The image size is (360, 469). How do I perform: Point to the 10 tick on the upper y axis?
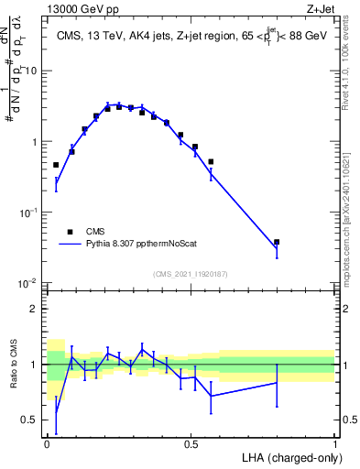pos(34,71)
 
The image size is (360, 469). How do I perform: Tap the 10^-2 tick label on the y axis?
pos(30,283)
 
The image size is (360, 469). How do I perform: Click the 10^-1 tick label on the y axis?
pos(30,213)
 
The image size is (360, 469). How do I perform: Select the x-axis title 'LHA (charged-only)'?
pos(288,456)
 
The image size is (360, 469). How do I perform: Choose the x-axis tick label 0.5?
pos(191,442)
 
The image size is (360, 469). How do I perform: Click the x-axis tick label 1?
pos(335,442)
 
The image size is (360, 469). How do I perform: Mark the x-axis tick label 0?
pos(47,442)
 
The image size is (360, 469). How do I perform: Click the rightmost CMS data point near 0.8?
pos(277,242)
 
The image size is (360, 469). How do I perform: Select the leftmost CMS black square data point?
pos(56,165)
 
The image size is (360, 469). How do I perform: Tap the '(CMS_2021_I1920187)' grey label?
pos(191,273)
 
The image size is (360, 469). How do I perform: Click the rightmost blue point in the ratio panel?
pos(277,383)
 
